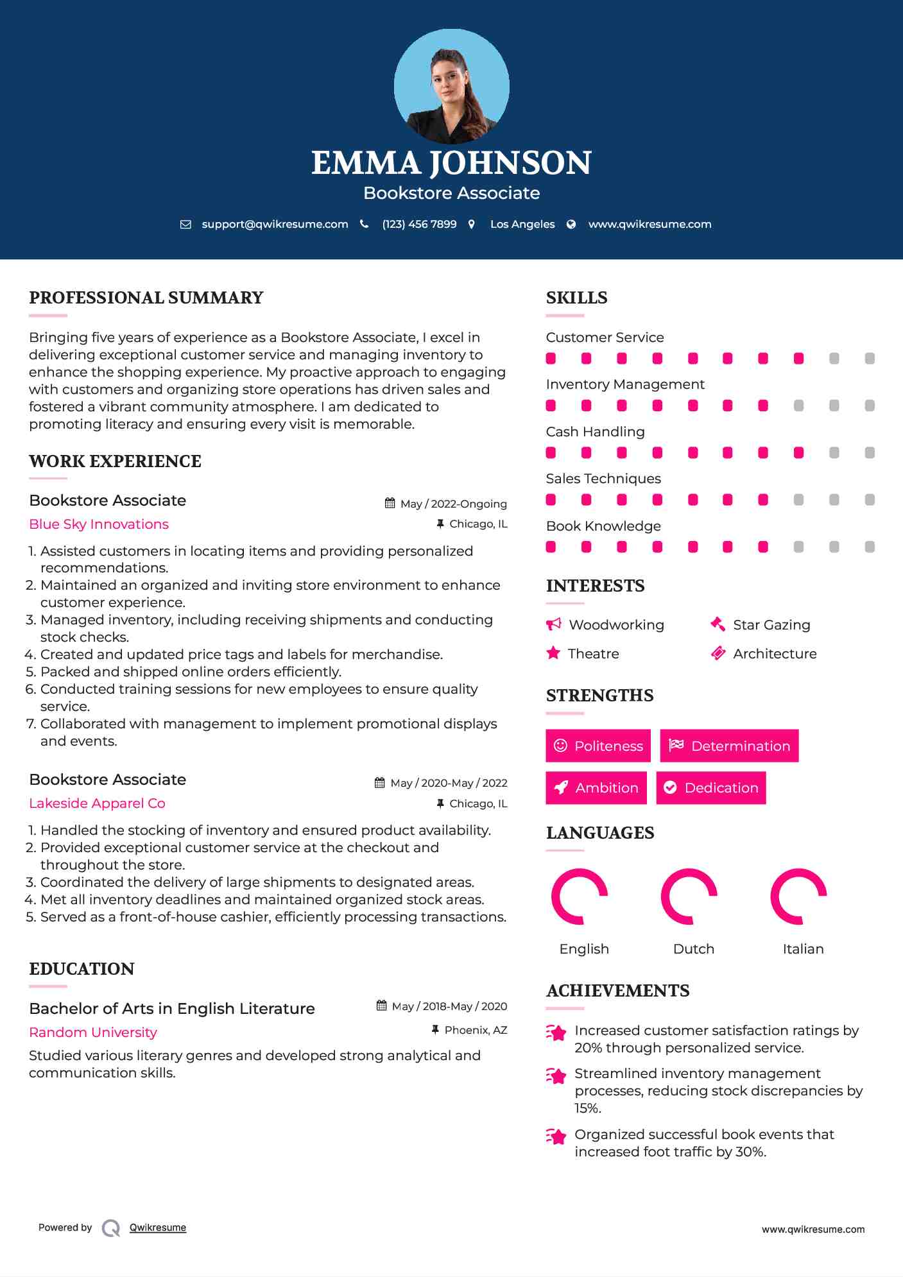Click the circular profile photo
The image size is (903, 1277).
click(451, 86)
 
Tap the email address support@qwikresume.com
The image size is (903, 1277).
click(275, 224)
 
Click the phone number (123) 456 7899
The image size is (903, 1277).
click(419, 224)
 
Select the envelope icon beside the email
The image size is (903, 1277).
click(185, 224)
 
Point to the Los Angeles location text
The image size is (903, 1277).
click(522, 224)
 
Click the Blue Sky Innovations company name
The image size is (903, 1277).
click(99, 524)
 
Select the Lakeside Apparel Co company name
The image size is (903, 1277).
click(97, 803)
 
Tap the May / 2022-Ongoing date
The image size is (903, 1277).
click(453, 504)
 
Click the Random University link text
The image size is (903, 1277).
click(93, 1033)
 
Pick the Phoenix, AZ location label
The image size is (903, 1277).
click(476, 1030)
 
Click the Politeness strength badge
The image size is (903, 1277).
click(598, 746)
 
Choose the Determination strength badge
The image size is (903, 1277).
click(729, 746)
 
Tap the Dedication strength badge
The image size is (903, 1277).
click(711, 787)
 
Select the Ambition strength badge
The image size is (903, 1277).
click(596, 787)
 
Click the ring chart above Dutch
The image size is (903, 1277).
click(689, 896)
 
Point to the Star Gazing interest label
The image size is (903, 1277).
click(771, 625)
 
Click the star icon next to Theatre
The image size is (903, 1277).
click(553, 653)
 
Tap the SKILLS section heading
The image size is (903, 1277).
click(576, 298)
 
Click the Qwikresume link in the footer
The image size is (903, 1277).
click(158, 1228)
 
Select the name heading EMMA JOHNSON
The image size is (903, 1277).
click(451, 163)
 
